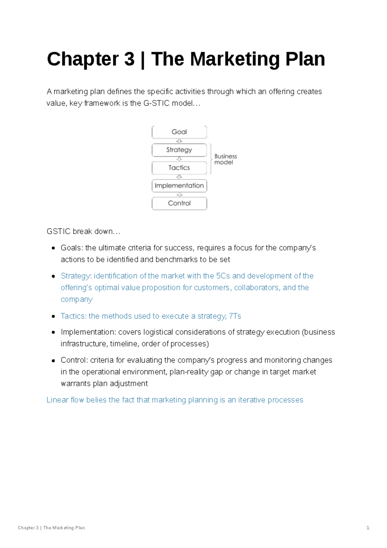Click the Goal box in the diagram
pyautogui.click(x=179, y=132)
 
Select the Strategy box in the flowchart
pyautogui.click(x=179, y=150)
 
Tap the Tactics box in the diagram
pyautogui.click(x=179, y=168)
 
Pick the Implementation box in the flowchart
pyautogui.click(x=179, y=186)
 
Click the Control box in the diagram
pyautogui.click(x=179, y=203)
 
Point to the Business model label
pyautogui.click(x=225, y=159)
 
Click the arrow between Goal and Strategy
pyautogui.click(x=179, y=141)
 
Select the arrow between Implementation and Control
pyautogui.click(x=179, y=195)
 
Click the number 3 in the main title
pyautogui.click(x=129, y=59)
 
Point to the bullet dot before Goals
pyautogui.click(x=54, y=248)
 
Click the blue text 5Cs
pyautogui.click(x=223, y=276)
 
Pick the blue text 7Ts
pyautogui.click(x=235, y=316)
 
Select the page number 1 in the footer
pyautogui.click(x=368, y=528)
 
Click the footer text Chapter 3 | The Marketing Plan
pyautogui.click(x=51, y=528)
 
